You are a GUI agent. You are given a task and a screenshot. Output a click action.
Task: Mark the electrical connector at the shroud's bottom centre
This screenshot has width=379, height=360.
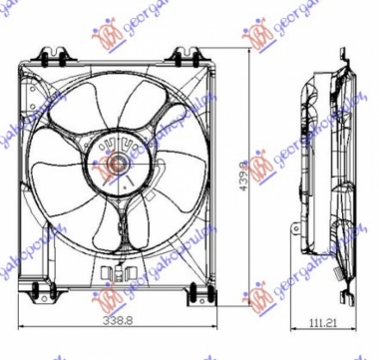(x=120, y=269)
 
